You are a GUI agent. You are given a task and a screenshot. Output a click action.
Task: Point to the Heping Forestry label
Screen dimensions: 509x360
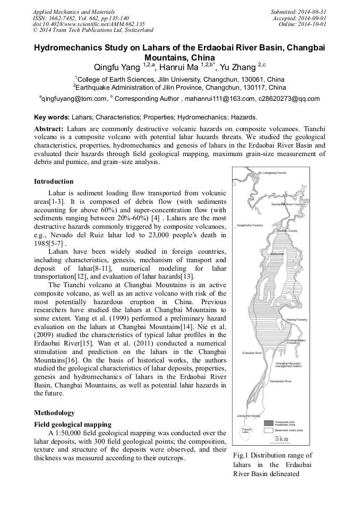coord(297,320)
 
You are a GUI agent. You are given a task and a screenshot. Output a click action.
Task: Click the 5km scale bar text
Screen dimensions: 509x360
coord(281,439)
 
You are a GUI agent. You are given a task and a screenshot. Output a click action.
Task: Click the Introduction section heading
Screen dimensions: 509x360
coord(54,182)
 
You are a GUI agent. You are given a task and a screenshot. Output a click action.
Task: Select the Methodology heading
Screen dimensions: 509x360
coord(54,412)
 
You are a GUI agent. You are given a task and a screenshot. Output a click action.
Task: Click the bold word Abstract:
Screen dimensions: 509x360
coord(49,130)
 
